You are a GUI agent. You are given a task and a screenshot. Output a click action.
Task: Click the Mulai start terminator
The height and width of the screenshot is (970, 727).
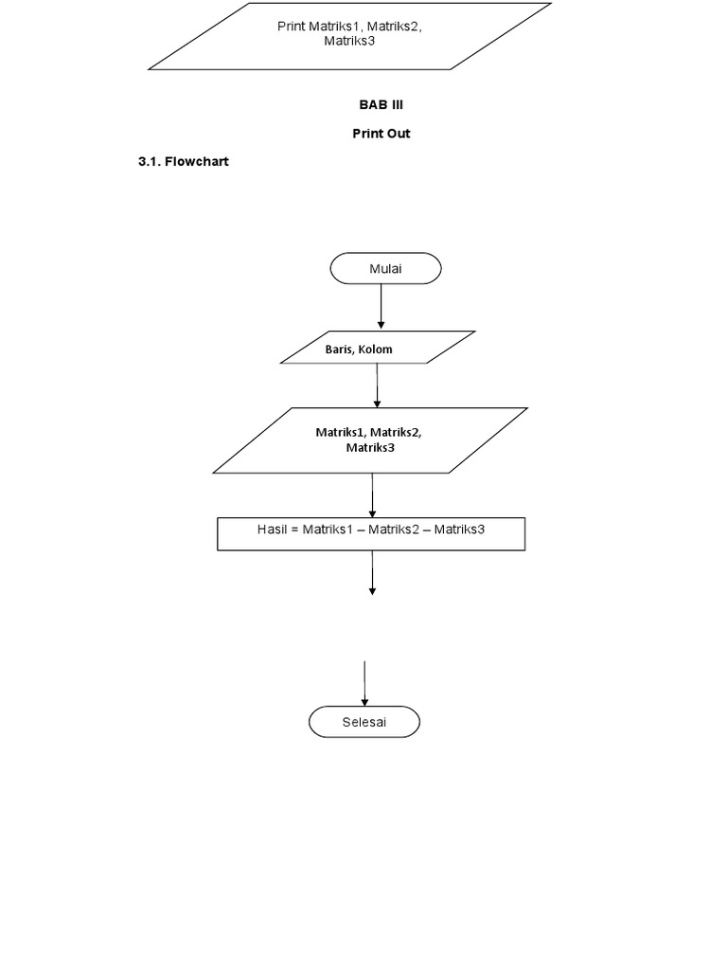pyautogui.click(x=385, y=268)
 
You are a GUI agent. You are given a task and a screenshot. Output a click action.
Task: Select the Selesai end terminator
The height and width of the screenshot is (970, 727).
pyautogui.click(x=364, y=723)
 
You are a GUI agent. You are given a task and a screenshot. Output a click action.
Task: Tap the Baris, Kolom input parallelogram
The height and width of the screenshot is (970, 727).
pyautogui.click(x=379, y=348)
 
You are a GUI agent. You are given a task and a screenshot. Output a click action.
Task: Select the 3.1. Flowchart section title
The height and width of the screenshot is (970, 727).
pyautogui.click(x=184, y=162)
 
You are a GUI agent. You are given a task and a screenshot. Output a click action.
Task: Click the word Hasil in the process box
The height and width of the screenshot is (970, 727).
pyautogui.click(x=275, y=529)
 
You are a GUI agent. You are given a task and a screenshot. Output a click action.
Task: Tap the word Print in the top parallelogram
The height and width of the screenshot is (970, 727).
pyautogui.click(x=291, y=27)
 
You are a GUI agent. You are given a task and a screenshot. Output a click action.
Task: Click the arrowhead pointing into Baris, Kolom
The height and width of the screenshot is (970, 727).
pyautogui.click(x=381, y=325)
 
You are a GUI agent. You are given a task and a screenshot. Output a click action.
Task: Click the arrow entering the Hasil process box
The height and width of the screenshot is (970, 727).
pyautogui.click(x=373, y=494)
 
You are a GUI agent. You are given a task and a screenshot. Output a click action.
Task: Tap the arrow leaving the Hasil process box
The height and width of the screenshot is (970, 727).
pyautogui.click(x=373, y=573)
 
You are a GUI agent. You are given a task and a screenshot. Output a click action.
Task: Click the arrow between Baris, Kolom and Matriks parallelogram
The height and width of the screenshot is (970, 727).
pyautogui.click(x=377, y=385)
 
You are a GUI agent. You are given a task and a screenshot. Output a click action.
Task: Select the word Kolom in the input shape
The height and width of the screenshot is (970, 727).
pyautogui.click(x=375, y=350)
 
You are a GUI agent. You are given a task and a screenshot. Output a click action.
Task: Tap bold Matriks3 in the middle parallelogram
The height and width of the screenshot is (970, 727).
pyautogui.click(x=370, y=447)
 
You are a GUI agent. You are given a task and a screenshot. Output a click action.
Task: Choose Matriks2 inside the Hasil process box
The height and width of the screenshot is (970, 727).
pyautogui.click(x=395, y=529)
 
